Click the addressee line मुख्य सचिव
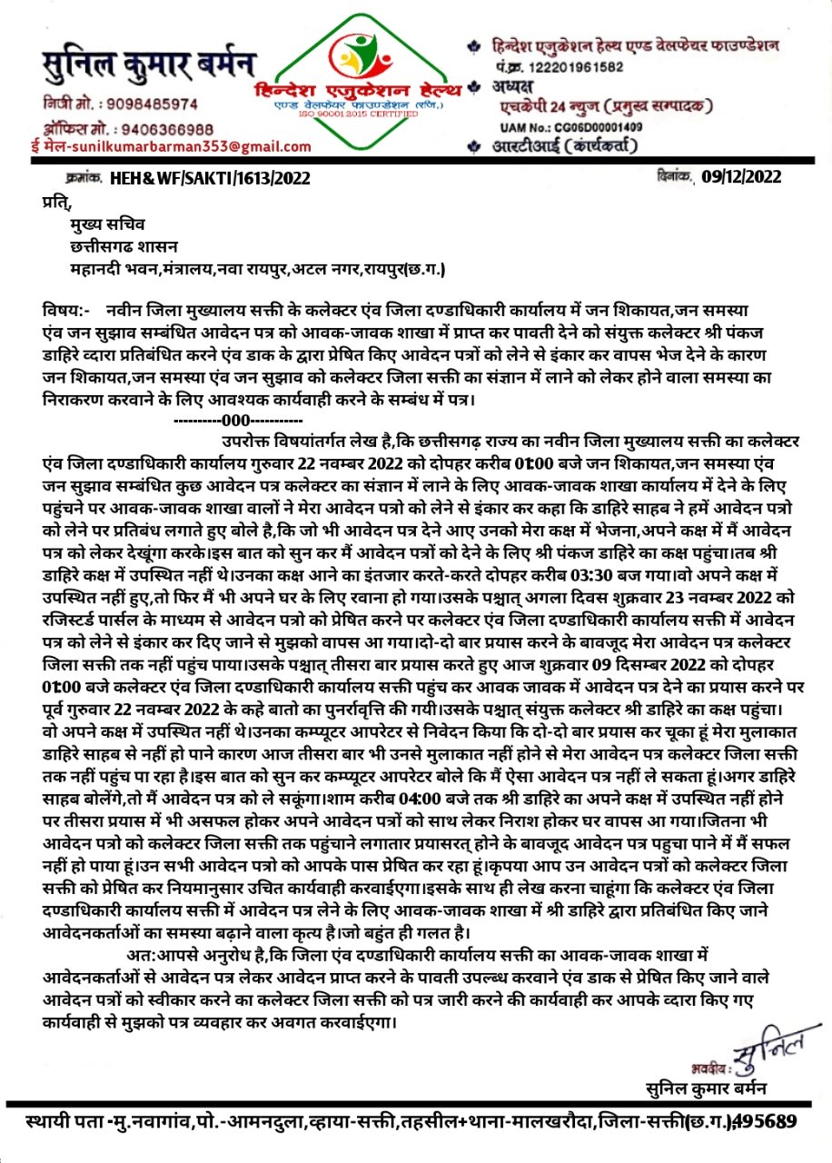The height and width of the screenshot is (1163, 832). click(x=106, y=225)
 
